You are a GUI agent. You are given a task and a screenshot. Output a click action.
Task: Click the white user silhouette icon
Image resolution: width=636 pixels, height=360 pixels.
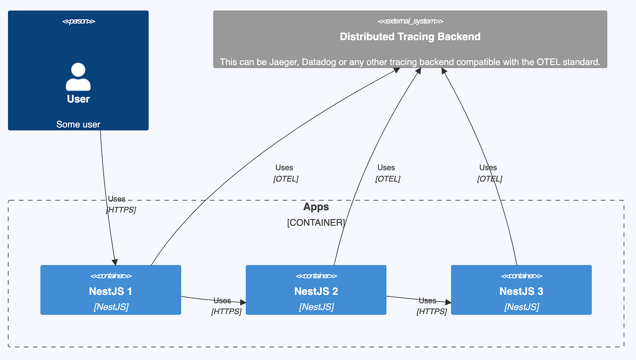[x=78, y=77]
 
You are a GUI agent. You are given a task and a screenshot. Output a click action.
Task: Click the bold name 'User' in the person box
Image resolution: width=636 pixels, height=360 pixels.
[x=78, y=99]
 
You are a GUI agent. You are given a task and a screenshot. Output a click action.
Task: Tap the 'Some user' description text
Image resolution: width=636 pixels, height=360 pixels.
[x=78, y=125]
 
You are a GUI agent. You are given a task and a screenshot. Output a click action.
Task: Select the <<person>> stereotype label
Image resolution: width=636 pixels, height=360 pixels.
[x=78, y=21]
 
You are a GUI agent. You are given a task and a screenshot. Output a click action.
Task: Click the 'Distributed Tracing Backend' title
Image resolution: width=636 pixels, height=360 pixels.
[x=410, y=37]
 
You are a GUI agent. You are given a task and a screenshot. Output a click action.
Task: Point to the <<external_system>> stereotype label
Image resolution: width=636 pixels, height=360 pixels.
[x=410, y=21]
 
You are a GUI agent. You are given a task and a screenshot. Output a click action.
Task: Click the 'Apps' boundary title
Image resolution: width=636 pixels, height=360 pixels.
[x=316, y=207]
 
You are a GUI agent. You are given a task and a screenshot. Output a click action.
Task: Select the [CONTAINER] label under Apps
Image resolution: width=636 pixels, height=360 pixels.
[x=316, y=222]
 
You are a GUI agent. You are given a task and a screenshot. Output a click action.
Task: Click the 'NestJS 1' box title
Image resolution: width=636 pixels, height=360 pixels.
[x=111, y=291]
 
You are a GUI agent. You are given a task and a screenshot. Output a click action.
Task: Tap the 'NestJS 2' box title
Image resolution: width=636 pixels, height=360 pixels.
[x=316, y=291]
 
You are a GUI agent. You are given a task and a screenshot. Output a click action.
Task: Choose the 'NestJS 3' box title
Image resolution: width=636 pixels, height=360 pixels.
[x=521, y=291]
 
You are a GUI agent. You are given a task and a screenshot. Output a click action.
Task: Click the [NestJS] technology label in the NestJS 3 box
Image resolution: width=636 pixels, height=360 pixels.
[x=521, y=307]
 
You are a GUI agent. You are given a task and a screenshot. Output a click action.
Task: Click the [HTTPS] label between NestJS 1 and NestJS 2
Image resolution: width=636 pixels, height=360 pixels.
[x=226, y=311]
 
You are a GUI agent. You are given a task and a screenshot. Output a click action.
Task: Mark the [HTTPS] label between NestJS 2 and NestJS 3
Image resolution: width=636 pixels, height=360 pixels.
[x=431, y=311]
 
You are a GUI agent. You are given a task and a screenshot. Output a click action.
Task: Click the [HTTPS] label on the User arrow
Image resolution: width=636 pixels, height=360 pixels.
[x=121, y=210]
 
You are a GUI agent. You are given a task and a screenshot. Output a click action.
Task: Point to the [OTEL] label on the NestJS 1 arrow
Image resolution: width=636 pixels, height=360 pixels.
[x=286, y=179]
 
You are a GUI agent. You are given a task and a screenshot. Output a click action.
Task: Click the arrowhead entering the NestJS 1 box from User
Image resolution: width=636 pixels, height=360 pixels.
[x=114, y=262]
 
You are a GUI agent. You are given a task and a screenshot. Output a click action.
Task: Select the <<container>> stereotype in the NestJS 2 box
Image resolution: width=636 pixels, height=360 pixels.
[x=316, y=276]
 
